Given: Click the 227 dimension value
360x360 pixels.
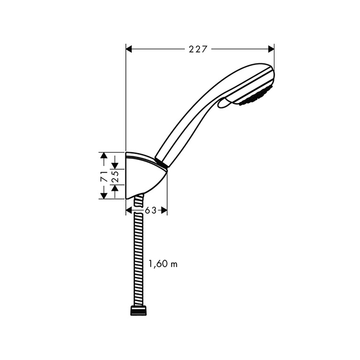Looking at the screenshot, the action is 198,49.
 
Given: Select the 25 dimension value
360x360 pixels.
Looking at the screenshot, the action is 116,176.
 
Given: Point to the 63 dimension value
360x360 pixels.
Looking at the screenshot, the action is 151,210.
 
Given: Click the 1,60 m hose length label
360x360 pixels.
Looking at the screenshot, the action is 163,264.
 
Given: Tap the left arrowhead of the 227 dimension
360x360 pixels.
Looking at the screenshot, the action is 129,49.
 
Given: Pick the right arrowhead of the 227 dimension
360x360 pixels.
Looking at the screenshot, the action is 272,49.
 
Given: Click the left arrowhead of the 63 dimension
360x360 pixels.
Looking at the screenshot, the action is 129,210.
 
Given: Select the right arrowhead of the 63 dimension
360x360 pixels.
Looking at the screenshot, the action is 164,210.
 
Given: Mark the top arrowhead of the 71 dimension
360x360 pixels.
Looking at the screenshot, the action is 104,155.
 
